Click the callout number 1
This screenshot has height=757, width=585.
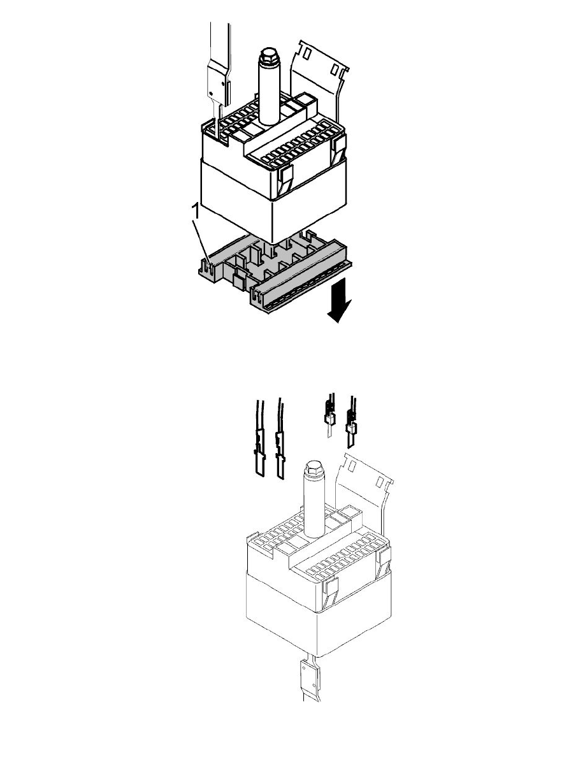click(196, 212)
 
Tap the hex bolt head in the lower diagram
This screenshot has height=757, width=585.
click(315, 468)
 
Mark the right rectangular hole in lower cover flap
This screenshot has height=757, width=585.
click(380, 481)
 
